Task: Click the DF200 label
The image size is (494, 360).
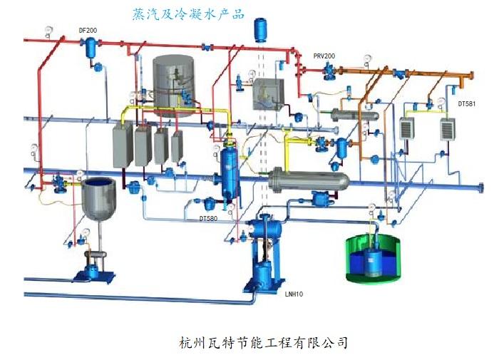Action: click(88, 31)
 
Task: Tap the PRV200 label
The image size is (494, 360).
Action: click(326, 55)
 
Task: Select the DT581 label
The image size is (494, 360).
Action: click(466, 104)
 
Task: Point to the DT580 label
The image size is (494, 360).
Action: click(208, 218)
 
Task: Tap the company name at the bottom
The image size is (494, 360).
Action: click(264, 342)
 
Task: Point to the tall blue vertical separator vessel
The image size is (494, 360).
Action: click(230, 171)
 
